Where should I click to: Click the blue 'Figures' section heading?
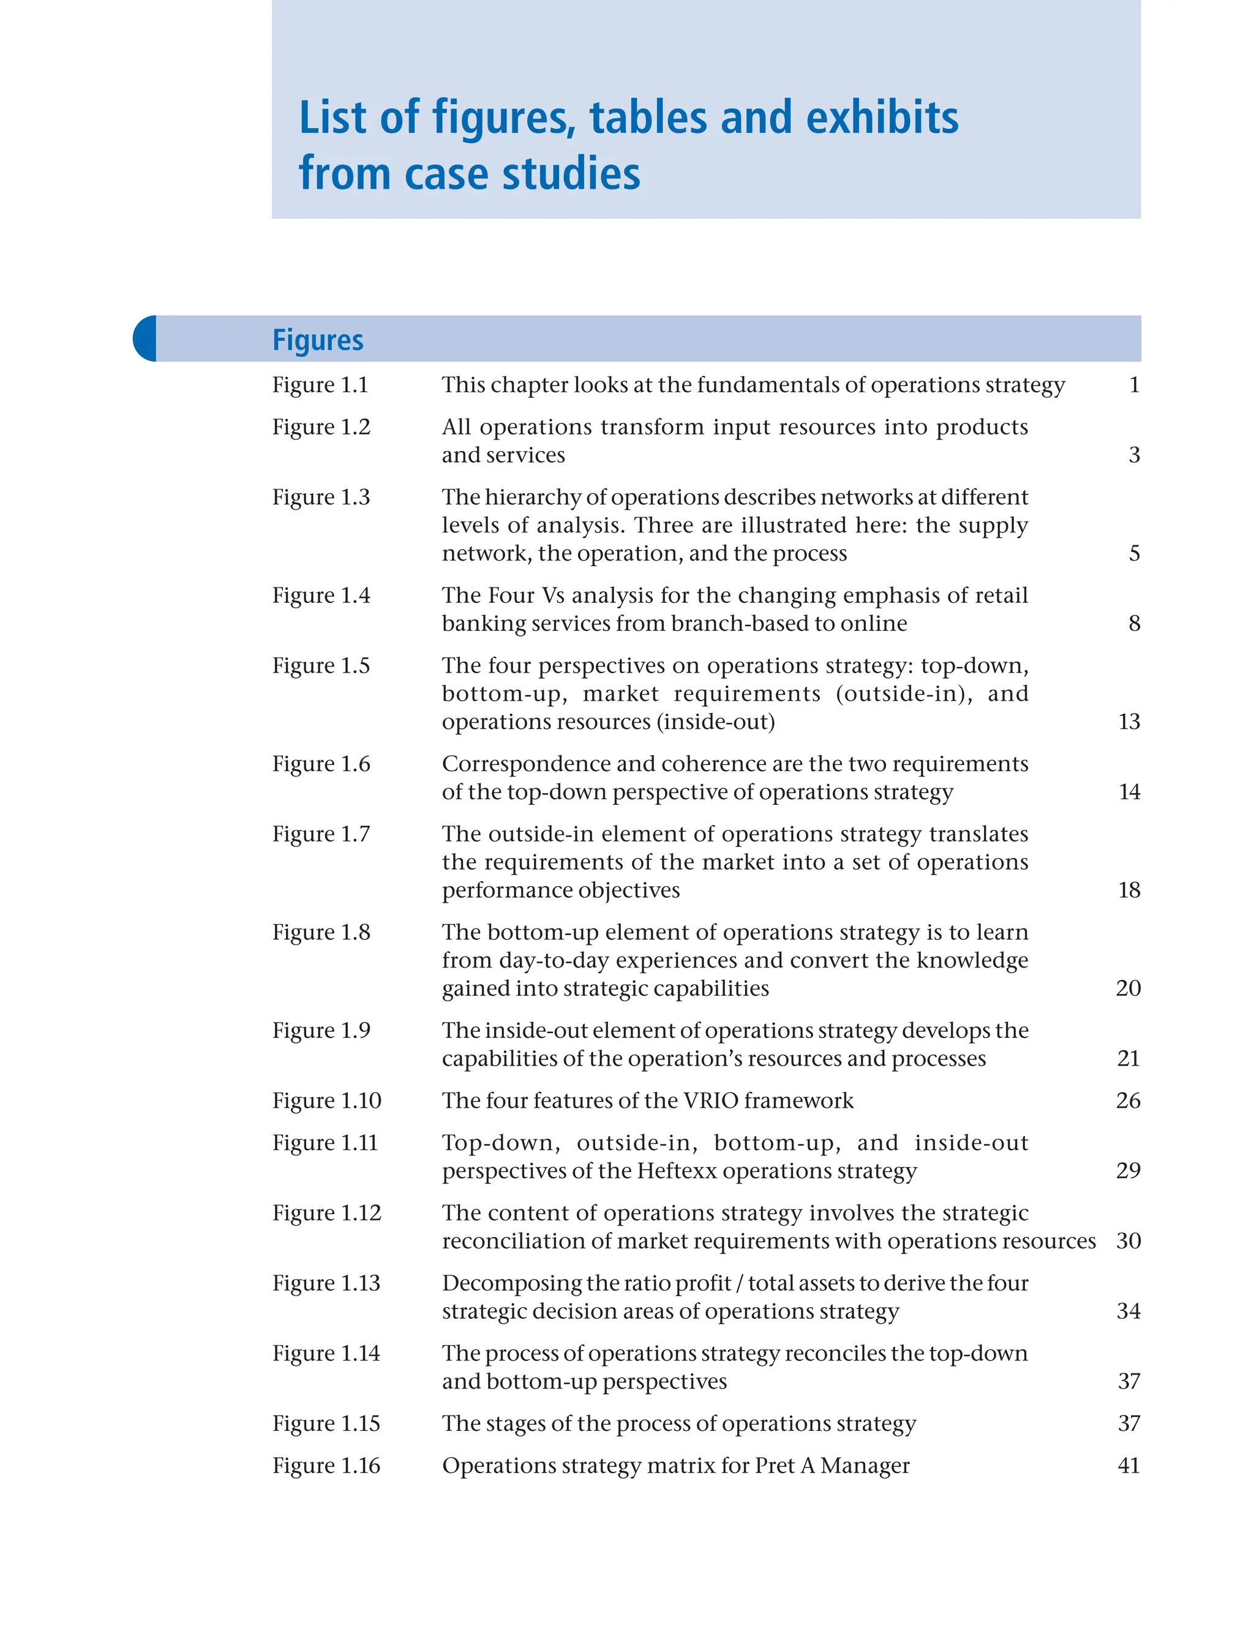(x=317, y=340)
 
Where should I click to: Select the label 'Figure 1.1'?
(x=320, y=385)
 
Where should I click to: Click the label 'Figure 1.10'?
(x=326, y=1100)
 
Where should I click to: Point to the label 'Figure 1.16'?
(x=326, y=1465)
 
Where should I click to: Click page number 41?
(x=1128, y=1465)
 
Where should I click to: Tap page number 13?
(x=1128, y=722)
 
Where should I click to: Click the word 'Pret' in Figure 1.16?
(x=774, y=1465)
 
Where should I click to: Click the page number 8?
(x=1134, y=623)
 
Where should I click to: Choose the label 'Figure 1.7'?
(x=321, y=834)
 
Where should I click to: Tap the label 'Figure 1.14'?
(x=326, y=1353)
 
